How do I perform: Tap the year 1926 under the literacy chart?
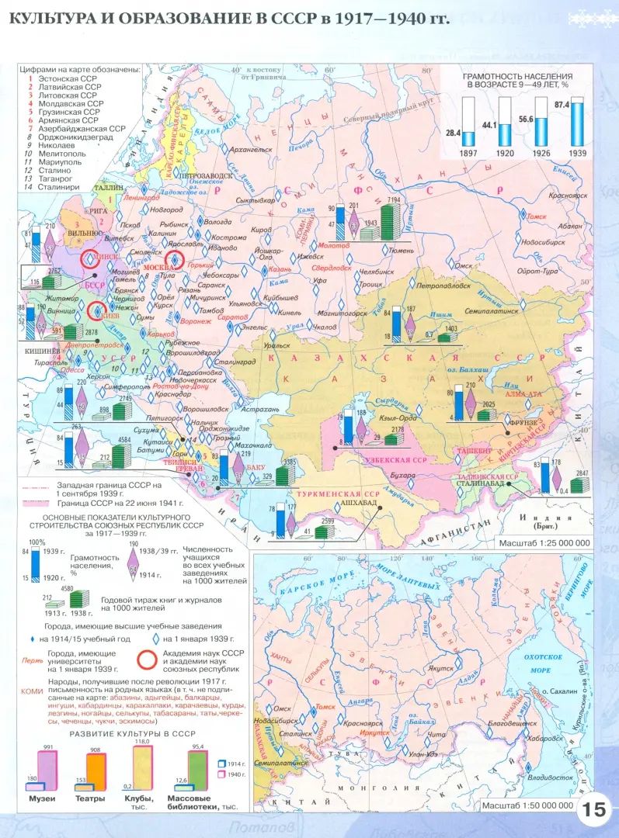coord(541,154)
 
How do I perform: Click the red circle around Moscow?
coord(176,261)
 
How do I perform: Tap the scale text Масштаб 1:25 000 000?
coord(544,542)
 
